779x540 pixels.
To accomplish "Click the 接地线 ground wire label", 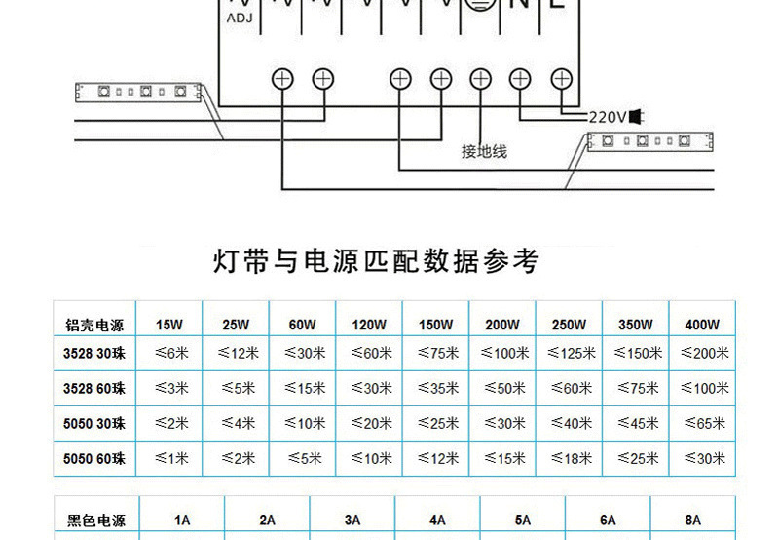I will point(484,152).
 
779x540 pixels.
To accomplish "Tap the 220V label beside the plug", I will point(608,117).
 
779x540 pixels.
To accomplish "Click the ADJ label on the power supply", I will point(239,18).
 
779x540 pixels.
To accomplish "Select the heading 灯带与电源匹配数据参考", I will point(375,261).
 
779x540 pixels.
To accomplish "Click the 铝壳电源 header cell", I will point(94,325).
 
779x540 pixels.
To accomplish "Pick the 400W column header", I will point(701,325).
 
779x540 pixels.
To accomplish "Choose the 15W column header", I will point(168,325).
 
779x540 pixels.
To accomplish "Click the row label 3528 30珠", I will point(94,354).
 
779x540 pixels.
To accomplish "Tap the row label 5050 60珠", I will point(94,458).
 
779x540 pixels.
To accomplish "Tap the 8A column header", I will point(692,521).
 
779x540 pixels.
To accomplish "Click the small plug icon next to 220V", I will point(637,117).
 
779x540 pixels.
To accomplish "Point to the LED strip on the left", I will point(137,93).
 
